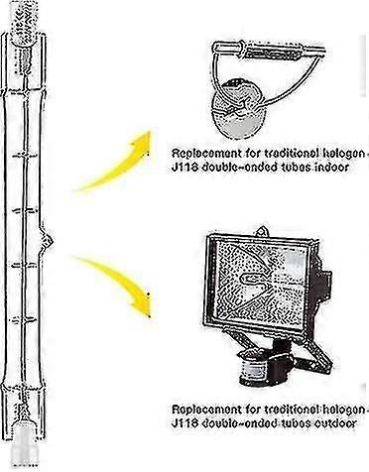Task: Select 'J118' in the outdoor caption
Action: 184,424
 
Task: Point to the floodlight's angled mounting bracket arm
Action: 327,337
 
